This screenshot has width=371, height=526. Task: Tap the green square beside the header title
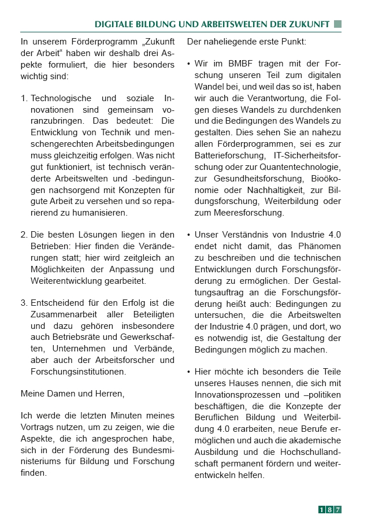pos(338,24)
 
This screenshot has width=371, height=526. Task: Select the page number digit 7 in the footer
pos(337,509)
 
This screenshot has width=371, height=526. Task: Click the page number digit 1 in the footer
pos(322,509)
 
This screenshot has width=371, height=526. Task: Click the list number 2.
pos(24,235)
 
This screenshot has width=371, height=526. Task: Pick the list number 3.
pos(24,303)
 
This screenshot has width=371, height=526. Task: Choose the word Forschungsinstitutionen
pos(78,372)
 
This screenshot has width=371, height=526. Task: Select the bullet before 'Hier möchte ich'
pos(189,372)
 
